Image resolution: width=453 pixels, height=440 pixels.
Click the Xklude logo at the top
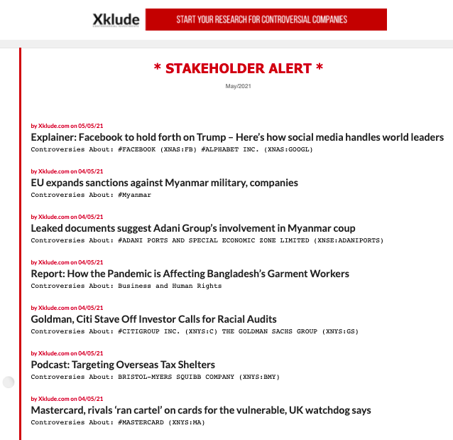point(116,20)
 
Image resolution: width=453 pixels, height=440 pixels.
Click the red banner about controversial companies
point(266,20)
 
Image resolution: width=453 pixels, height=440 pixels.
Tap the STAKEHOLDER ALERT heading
point(239,68)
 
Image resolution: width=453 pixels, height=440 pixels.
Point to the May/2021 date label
point(239,86)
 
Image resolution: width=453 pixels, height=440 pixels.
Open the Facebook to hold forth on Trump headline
point(237,137)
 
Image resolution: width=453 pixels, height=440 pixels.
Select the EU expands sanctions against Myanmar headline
point(164,183)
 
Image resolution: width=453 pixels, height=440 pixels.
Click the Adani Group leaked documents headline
point(193,228)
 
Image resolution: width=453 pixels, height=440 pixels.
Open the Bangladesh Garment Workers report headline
point(190,274)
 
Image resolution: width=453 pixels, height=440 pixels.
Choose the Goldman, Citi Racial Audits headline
point(153,319)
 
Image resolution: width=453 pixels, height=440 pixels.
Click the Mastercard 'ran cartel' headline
point(201,410)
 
